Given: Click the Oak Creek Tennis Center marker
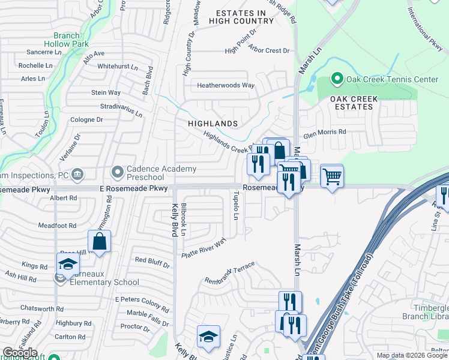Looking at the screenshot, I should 337,79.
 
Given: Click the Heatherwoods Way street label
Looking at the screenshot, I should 226,85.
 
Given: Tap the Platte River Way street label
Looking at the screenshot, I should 205,248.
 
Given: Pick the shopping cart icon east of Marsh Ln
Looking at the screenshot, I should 332,177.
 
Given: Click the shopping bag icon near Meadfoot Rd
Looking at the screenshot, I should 99,242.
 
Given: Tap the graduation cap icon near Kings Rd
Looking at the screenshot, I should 68,265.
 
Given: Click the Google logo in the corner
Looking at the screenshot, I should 20,353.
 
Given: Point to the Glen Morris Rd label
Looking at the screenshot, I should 324,132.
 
